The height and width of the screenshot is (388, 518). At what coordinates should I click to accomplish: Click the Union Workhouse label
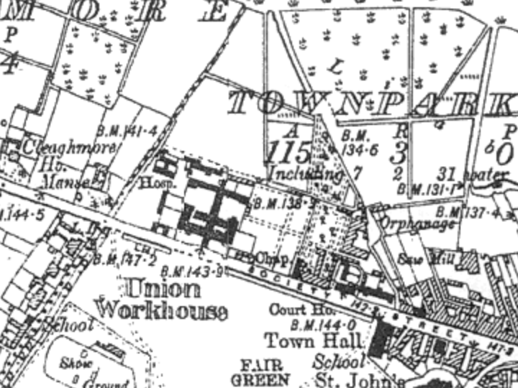(162, 300)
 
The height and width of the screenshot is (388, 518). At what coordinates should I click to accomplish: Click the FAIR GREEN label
(260, 371)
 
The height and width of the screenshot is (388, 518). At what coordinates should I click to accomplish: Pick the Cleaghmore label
(70, 147)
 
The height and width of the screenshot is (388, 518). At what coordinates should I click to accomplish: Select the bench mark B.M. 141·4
(131, 131)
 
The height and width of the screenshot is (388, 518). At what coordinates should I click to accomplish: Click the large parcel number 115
(288, 152)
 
